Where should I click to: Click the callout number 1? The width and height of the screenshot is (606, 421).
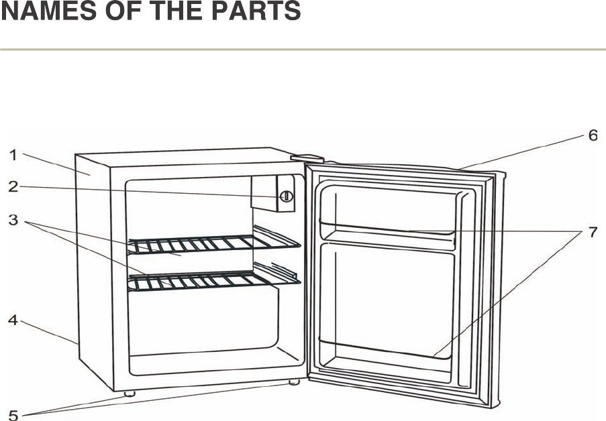(13, 156)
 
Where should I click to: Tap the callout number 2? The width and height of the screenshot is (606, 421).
(13, 187)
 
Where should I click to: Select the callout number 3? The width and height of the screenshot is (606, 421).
(13, 219)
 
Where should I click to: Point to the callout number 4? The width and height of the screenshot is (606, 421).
(13, 320)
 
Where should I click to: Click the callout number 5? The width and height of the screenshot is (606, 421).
(13, 414)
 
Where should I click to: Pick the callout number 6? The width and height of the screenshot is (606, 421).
(593, 135)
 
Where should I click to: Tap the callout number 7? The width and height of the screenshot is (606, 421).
(593, 233)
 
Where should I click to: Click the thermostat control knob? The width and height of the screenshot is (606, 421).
(286, 196)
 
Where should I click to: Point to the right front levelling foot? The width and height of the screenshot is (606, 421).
(293, 382)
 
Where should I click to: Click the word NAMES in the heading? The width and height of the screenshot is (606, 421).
(40, 12)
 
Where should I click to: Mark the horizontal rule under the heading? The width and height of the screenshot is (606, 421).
(302, 50)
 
